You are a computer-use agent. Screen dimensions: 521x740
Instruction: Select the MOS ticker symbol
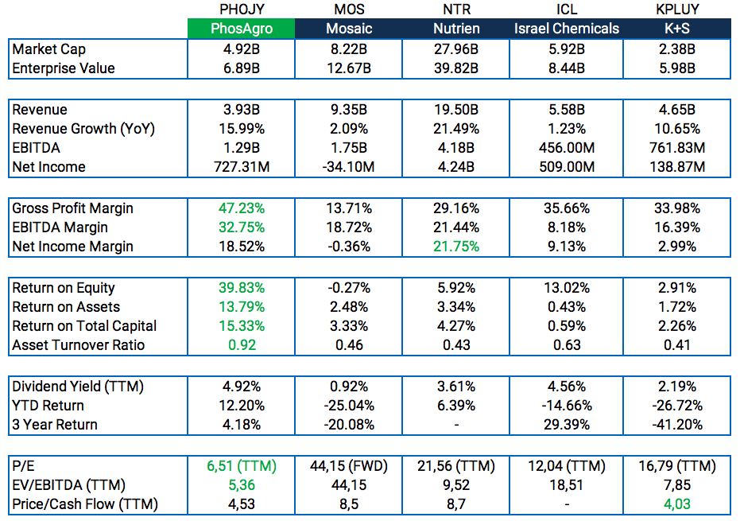(349, 10)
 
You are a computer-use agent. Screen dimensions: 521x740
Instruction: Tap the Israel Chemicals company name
(566, 29)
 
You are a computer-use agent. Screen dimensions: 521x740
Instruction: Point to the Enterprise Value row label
(64, 68)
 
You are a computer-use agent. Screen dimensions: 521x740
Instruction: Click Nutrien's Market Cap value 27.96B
(456, 49)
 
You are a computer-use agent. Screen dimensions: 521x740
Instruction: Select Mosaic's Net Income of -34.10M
(349, 167)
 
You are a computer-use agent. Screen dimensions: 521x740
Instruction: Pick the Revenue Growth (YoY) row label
(83, 129)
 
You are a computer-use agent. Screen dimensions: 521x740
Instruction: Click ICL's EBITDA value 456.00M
(566, 148)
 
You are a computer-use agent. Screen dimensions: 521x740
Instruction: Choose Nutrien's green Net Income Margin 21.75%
(456, 247)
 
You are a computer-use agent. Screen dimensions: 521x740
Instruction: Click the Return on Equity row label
(64, 288)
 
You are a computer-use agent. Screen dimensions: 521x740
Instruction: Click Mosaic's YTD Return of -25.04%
(349, 406)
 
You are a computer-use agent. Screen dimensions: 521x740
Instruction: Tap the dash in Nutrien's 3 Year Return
(456, 425)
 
